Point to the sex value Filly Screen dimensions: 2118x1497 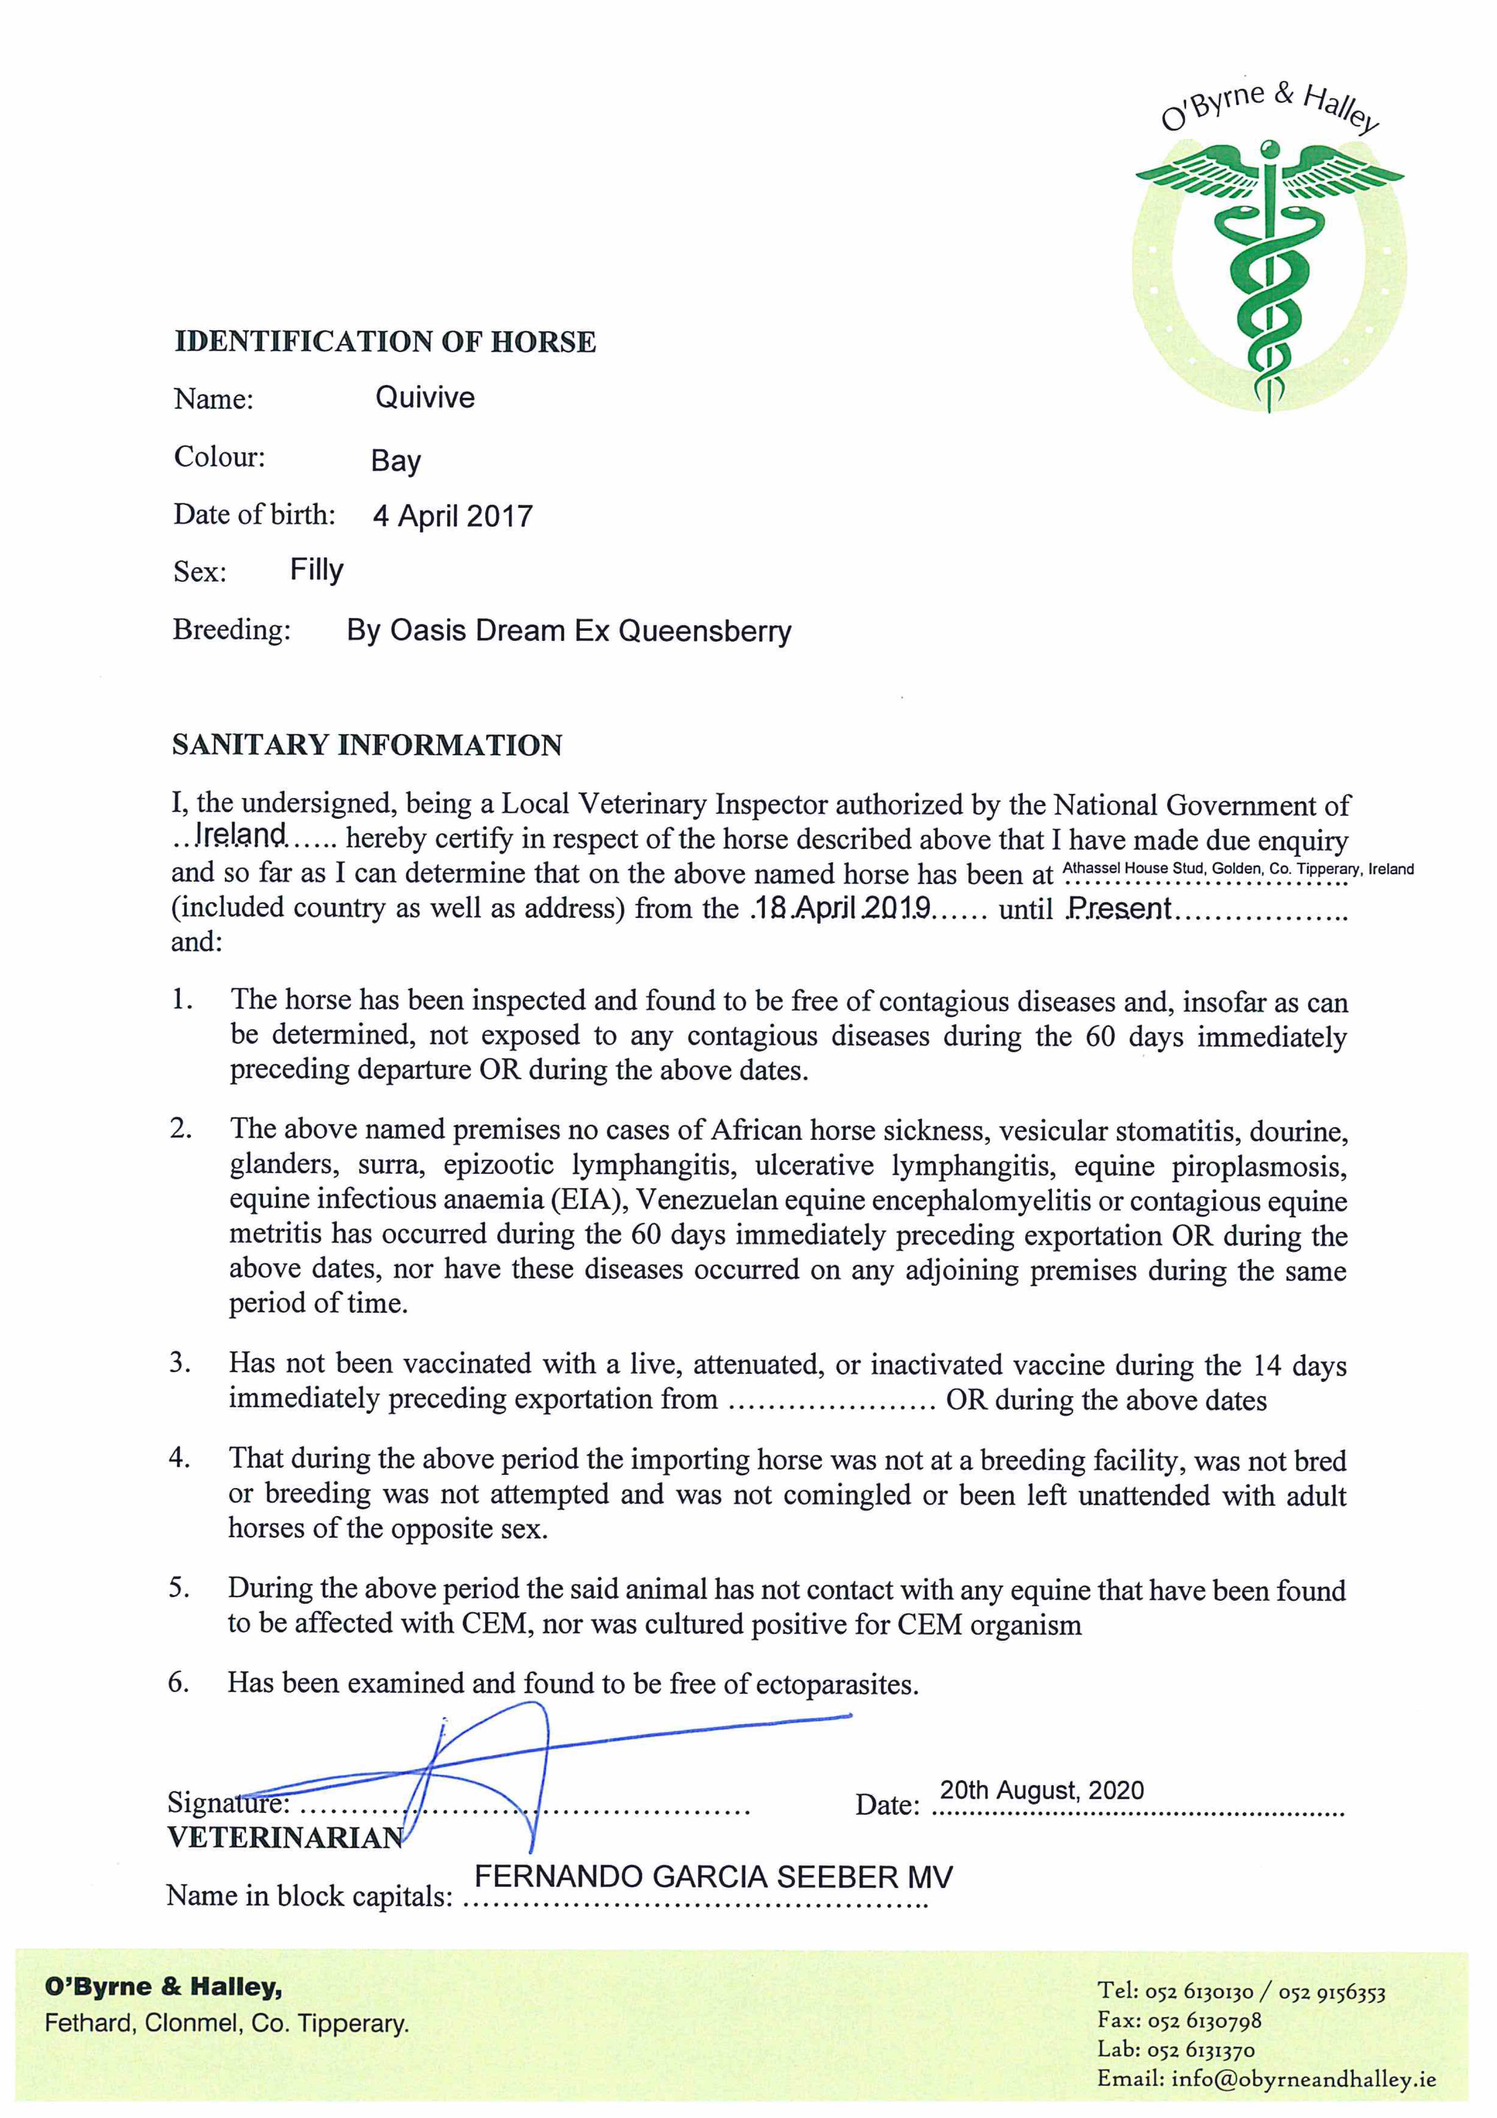coord(316,570)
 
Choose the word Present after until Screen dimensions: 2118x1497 coord(1119,909)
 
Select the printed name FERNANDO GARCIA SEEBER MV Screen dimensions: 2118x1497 coord(713,1877)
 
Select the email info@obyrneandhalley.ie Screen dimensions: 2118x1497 coord(1303,2079)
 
